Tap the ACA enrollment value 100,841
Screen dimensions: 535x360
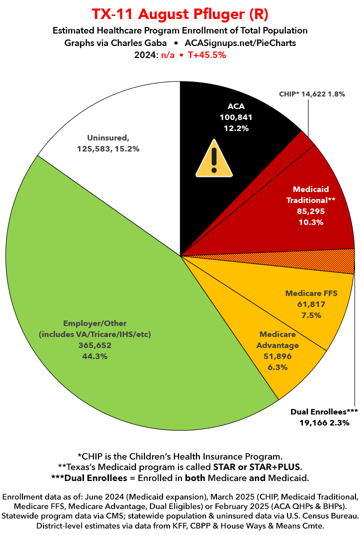(236, 117)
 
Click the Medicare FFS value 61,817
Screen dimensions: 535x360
(311, 304)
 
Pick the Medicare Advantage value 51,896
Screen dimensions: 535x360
(277, 356)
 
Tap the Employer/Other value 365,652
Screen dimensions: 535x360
(94, 345)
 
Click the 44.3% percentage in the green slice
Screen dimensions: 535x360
(94, 356)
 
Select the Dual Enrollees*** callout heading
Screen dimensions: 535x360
(324, 412)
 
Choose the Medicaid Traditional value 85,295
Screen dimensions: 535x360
(310, 211)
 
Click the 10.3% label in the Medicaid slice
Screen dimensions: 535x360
(310, 222)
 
